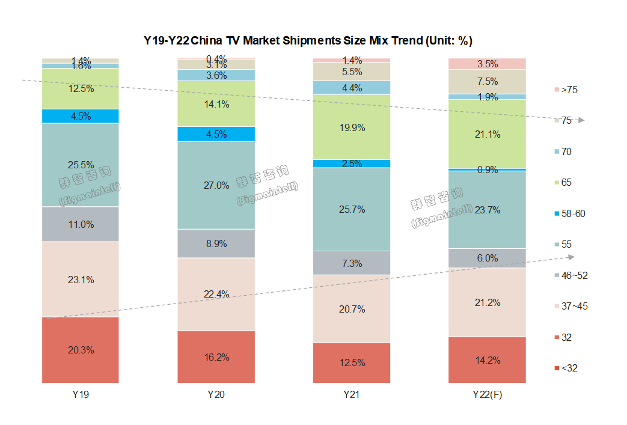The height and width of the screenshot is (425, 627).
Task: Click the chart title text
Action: pyautogui.click(x=308, y=41)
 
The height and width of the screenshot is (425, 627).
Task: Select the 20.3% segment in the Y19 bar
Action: pyautogui.click(x=80, y=350)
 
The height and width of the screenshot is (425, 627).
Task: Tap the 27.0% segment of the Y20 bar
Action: pyautogui.click(x=216, y=185)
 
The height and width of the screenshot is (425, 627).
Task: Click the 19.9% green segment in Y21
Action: pyautogui.click(x=352, y=127)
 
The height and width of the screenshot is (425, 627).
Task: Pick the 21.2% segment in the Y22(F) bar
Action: pyautogui.click(x=488, y=302)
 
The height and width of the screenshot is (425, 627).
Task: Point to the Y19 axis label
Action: pyautogui.click(x=80, y=395)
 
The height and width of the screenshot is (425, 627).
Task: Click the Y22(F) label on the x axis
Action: pyautogui.click(x=488, y=395)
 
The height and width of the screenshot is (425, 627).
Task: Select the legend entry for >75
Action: pyautogui.click(x=569, y=90)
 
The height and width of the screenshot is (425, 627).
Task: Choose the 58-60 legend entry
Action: pyautogui.click(x=571, y=213)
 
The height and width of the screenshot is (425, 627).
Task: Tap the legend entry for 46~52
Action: pyautogui.click(x=571, y=275)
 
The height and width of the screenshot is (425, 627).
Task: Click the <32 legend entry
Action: pyautogui.click(x=569, y=368)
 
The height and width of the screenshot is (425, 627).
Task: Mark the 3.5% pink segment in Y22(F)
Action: pyautogui.click(x=488, y=64)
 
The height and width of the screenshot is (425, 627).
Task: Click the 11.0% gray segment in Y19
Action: pyautogui.click(x=80, y=224)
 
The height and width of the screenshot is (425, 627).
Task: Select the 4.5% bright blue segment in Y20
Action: pyautogui.click(x=216, y=134)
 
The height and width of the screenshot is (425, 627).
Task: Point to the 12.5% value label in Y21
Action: pyautogui.click(x=352, y=362)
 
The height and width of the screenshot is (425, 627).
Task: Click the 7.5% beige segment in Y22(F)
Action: pyautogui.click(x=488, y=82)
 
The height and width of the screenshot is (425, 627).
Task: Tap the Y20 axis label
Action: pyautogui.click(x=216, y=395)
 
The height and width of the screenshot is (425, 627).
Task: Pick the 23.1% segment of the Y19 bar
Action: pyautogui.click(x=80, y=280)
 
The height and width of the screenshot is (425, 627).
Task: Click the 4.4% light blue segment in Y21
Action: pyautogui.click(x=352, y=88)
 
